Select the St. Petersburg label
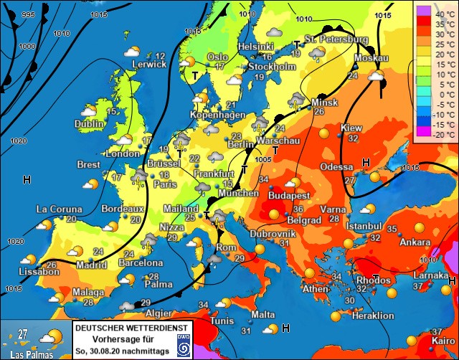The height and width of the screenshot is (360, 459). pyautogui.click(x=336, y=39)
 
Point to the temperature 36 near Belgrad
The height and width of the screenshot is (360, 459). pyautogui.click(x=298, y=209)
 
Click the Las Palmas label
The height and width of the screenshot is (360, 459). pyautogui.click(x=24, y=352)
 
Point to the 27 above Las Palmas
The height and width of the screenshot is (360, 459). pyautogui.click(x=23, y=333)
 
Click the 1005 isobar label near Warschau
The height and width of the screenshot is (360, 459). pyautogui.click(x=263, y=160)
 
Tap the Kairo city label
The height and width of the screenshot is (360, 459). pyautogui.click(x=443, y=341)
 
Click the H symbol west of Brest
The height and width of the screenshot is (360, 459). pyautogui.click(x=27, y=179)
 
